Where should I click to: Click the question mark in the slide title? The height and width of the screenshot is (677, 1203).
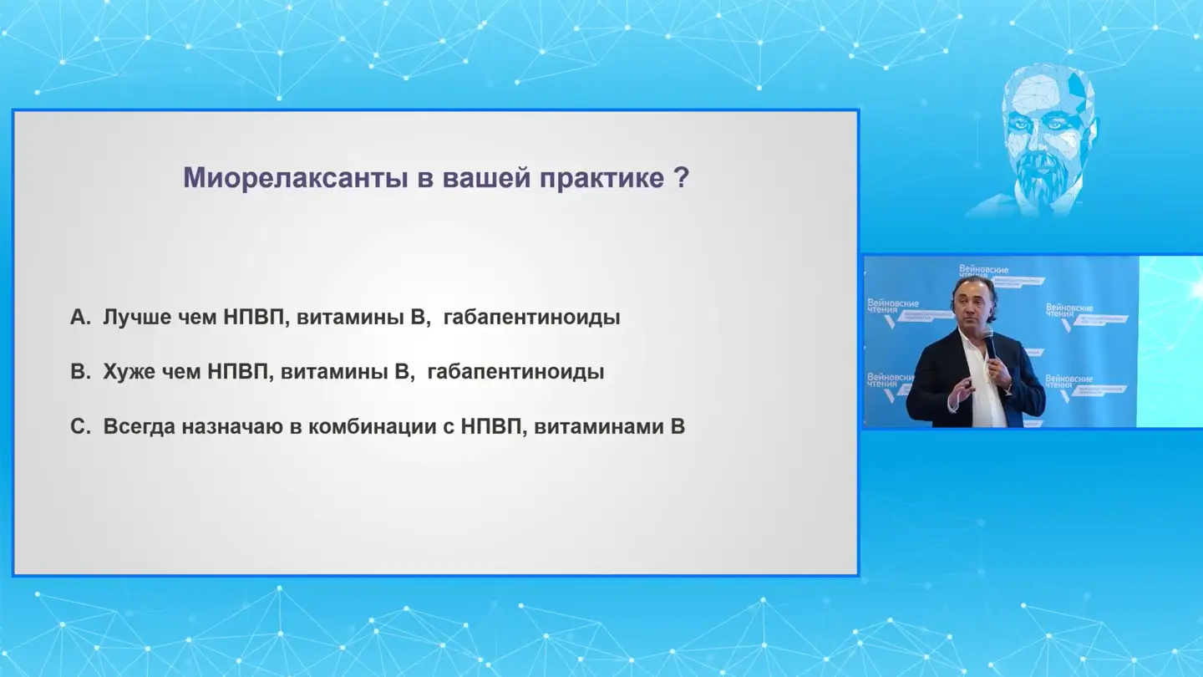[x=681, y=178]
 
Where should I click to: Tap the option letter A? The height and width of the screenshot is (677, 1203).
[x=79, y=318]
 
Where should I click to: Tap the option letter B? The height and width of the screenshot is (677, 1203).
[x=79, y=372]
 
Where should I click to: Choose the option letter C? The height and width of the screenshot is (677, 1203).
[x=79, y=426]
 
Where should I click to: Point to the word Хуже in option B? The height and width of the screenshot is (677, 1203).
[x=129, y=372]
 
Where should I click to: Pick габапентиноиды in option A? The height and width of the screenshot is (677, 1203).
[x=532, y=318]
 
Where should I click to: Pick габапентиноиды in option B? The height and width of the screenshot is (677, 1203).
[x=515, y=372]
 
